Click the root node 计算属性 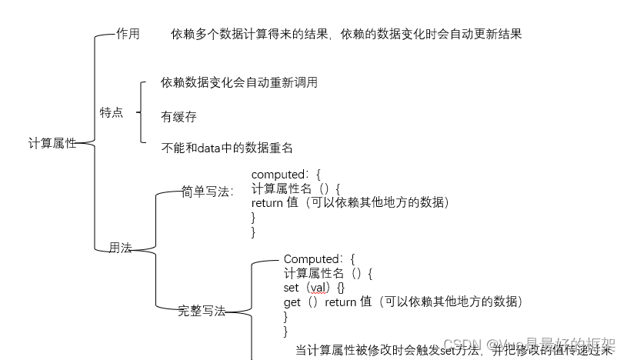pos(52,143)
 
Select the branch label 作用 pos(128,34)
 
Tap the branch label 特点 pos(112,112)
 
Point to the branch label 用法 pos(120,248)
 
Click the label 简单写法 pos(207,192)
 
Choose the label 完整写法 pos(202,311)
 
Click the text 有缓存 pos(178,117)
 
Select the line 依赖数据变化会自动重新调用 pos(239,83)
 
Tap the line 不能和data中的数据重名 pos(227,148)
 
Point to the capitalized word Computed pos(312,259)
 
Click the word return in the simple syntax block pos(267,202)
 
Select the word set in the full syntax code pos(292,288)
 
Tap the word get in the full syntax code pos(292,302)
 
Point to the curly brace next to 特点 pos(141,112)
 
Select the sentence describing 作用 pos(347,35)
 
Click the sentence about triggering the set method pos(454,350)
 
